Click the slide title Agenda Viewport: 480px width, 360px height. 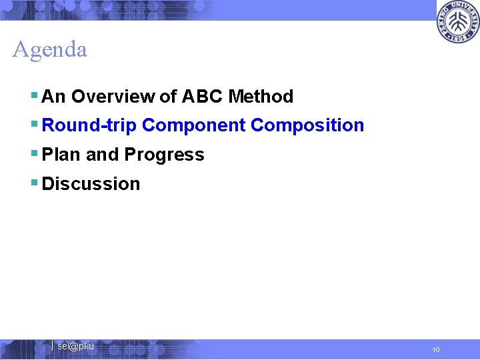[x=49, y=49]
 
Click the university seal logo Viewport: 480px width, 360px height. [x=458, y=22]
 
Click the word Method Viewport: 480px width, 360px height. [x=261, y=97]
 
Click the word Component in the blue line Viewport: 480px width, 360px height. [x=193, y=125]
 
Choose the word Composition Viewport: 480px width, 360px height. [x=307, y=125]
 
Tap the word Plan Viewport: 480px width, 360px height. [x=61, y=155]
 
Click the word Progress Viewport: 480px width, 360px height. [x=164, y=155]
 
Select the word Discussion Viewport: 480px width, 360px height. [x=91, y=184]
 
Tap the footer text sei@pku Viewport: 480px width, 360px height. [x=75, y=346]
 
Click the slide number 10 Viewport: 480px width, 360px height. [x=435, y=349]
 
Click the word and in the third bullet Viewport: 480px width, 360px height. [x=102, y=155]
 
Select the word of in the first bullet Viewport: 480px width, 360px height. [x=168, y=97]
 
